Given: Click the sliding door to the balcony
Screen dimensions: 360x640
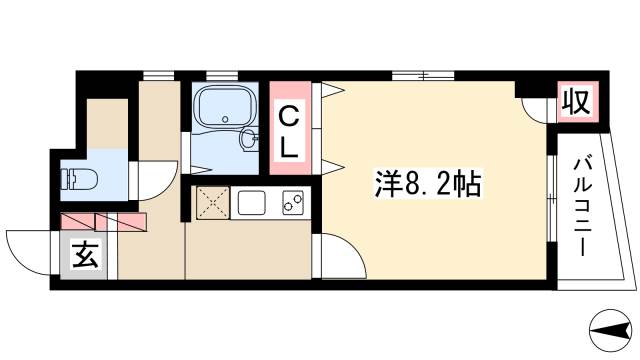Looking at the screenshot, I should tap(551, 195).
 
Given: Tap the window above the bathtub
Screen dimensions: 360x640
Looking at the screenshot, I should tap(221, 74).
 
